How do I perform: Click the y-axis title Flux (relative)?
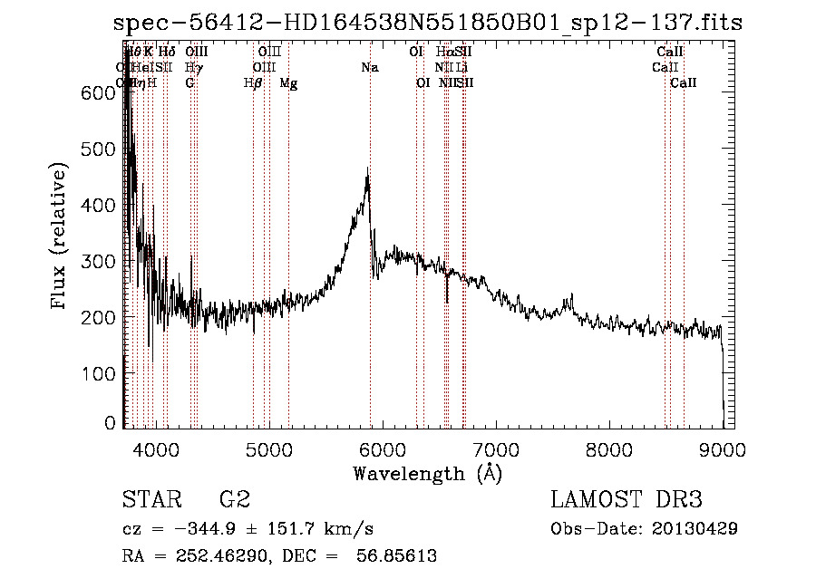pos(61,238)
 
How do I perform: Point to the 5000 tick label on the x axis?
pos(268,448)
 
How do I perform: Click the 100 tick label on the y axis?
pos(104,373)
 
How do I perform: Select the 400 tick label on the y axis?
pos(104,206)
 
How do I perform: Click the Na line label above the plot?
pos(370,68)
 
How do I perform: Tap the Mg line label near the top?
pos(288,83)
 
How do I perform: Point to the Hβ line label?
pos(253,83)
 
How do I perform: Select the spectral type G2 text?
pos(235,499)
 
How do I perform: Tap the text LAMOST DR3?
pos(626,499)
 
